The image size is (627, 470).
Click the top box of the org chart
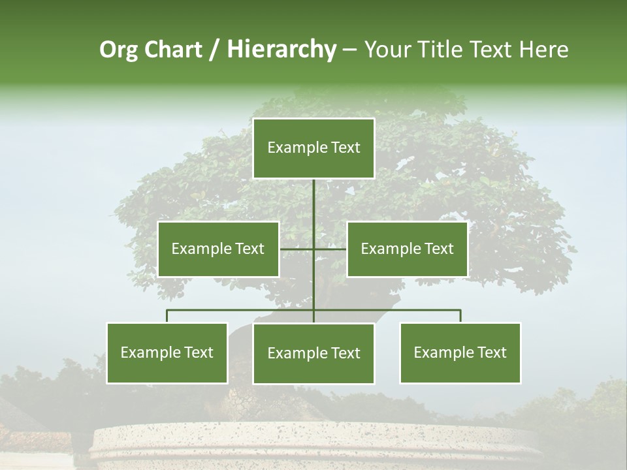[x=313, y=148]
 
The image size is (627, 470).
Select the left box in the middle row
[x=218, y=249]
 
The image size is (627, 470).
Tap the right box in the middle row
[x=407, y=249]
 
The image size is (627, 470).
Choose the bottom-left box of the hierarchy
[x=167, y=352]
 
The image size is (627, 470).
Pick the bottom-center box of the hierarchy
[x=313, y=353]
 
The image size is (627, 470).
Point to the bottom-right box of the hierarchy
[x=460, y=352]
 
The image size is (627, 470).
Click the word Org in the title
[x=118, y=50]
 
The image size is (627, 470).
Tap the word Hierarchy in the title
[x=281, y=50]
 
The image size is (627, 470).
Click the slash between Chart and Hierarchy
[x=214, y=50]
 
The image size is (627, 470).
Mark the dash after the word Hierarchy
[x=349, y=50]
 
